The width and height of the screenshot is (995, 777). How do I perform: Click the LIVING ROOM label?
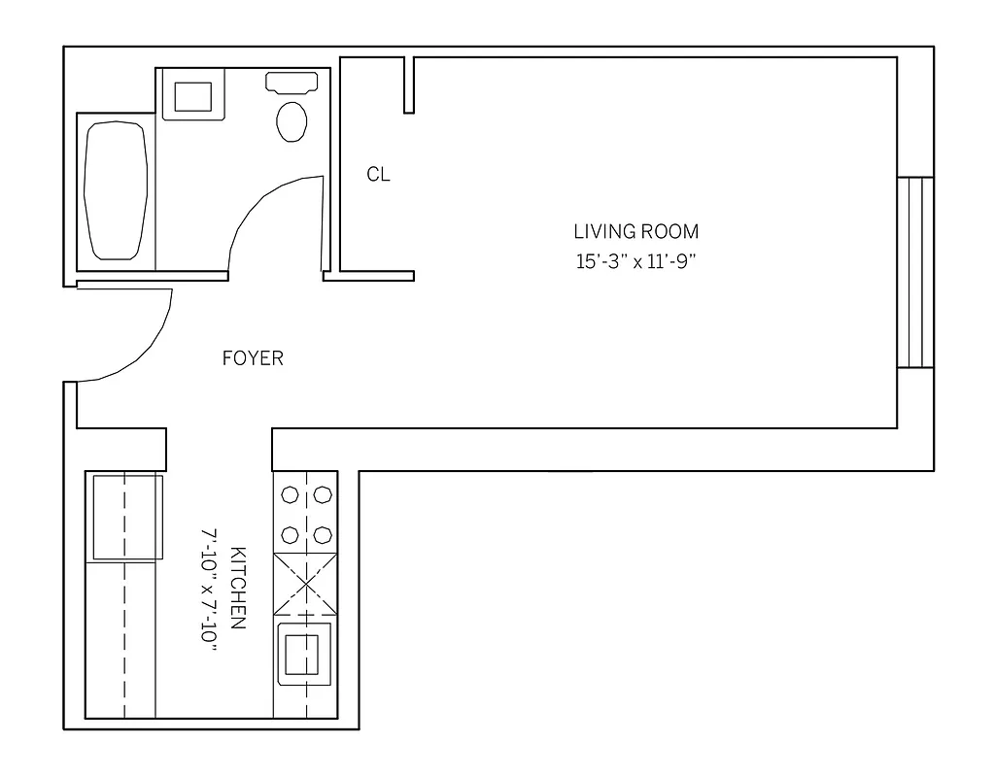click(635, 232)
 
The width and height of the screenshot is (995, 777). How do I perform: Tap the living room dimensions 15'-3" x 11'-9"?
click(635, 261)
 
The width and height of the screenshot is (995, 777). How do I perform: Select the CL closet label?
click(378, 175)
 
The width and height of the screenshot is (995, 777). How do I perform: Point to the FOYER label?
click(253, 358)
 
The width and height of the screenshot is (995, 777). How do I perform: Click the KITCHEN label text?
click(236, 588)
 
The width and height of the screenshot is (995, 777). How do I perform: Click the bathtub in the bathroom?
click(117, 189)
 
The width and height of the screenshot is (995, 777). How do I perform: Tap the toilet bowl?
click(292, 121)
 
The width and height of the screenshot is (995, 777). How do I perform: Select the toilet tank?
click(292, 83)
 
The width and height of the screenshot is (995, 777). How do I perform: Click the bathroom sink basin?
click(192, 97)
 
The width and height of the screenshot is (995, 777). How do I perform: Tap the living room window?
click(914, 272)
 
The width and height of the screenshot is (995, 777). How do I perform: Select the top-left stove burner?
click(290, 495)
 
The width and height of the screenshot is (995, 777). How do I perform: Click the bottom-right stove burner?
click(322, 534)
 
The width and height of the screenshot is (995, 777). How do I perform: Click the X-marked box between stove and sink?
click(306, 583)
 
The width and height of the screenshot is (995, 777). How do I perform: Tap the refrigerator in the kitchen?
click(126, 517)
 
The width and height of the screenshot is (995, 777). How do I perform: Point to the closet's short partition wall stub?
click(410, 84)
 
